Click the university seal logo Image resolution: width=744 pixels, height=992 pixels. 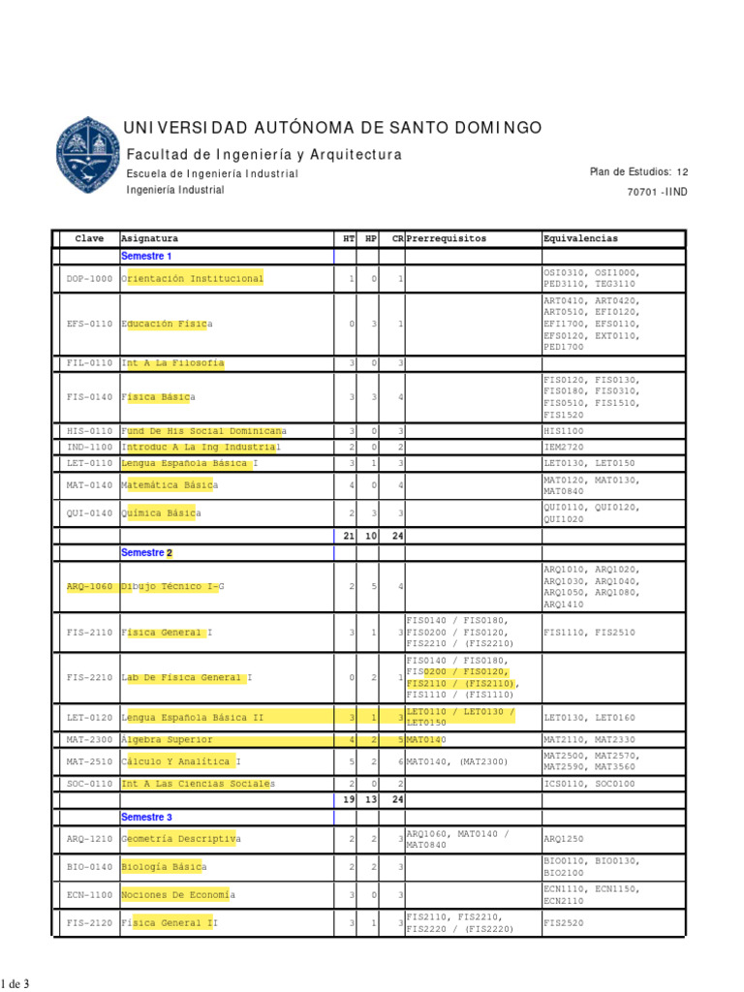[x=91, y=155]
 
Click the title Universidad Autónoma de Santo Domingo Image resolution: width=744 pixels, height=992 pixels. [x=333, y=129]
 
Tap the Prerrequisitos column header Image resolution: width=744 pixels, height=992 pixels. [x=448, y=238]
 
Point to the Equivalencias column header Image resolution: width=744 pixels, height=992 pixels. [x=581, y=238]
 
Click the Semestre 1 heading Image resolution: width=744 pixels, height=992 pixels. [x=146, y=256]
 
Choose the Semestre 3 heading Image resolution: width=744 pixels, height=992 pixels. [x=146, y=817]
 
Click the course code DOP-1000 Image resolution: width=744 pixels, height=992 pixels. [x=89, y=279]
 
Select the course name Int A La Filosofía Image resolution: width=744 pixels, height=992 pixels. [x=172, y=363]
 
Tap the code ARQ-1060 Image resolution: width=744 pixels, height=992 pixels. [x=89, y=587]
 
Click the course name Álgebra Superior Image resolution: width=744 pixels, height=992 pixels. [x=167, y=740]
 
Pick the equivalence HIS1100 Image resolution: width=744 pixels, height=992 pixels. [x=564, y=430]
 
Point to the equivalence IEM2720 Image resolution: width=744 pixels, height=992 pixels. [x=564, y=448]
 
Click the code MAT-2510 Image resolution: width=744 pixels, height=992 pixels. [x=89, y=762]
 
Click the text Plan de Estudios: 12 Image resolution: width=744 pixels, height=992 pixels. [x=638, y=171]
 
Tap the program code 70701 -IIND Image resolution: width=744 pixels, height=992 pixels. [x=658, y=192]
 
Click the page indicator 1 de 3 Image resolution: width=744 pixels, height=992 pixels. [x=15, y=984]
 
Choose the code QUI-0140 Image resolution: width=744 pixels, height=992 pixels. [x=89, y=513]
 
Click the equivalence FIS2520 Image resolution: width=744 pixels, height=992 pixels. [x=564, y=923]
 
